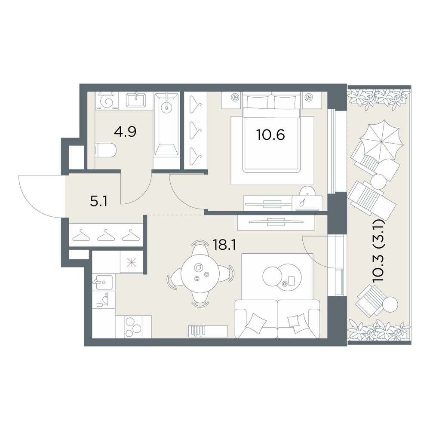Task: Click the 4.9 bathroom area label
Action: tap(125, 132)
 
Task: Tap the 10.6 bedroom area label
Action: tap(270, 135)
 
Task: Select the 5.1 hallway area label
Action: tap(99, 202)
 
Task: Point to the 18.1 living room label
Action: tap(224, 245)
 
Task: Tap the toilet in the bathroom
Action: tap(106, 150)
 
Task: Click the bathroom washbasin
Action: tap(136, 100)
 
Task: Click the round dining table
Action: tap(200, 274)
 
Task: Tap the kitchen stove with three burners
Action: tap(133, 327)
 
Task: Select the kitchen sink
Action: tap(104, 282)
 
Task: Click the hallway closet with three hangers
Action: tap(106, 235)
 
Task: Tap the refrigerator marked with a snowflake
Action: tap(131, 262)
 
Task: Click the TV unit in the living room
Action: tap(276, 223)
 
